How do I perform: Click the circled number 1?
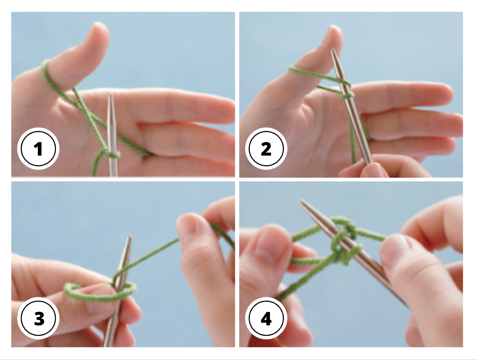(x=38, y=150)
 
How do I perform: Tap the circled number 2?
(x=266, y=150)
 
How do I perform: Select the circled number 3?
(x=39, y=319)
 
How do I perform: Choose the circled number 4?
(x=266, y=318)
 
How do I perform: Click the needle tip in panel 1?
(x=111, y=96)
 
